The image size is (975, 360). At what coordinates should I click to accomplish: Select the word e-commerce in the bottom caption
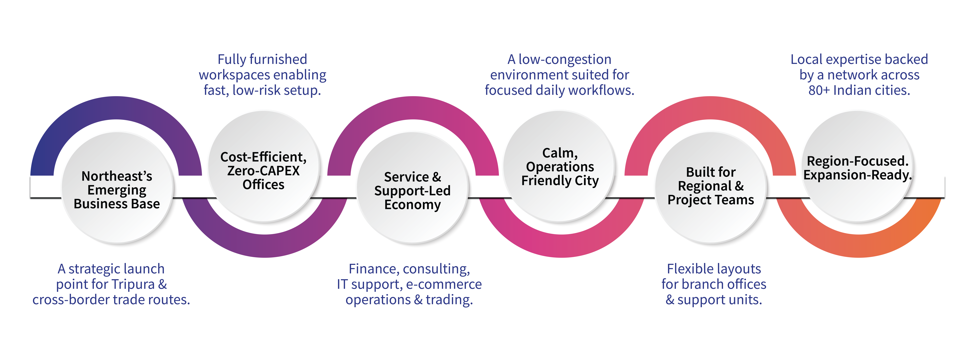[444, 284]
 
